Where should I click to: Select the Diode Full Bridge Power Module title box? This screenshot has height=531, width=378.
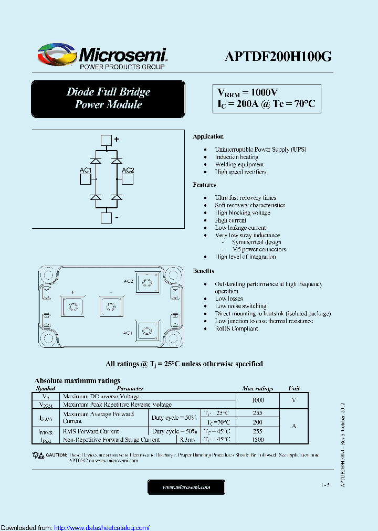coord(108,99)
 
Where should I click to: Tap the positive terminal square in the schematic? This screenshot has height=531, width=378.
coord(106,140)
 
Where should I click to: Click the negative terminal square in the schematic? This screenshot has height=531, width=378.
coord(106,218)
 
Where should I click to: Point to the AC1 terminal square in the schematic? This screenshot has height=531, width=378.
coord(86,179)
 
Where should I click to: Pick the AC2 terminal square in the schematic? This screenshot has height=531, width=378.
coord(127,179)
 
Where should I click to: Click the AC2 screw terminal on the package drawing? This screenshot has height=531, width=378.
coord(149,283)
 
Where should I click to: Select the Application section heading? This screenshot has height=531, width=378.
coord(208,136)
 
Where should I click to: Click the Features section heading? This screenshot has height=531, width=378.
coord(204,185)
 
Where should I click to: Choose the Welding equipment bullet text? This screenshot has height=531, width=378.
coord(239,164)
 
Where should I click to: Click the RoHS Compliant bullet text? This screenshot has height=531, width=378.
coord(236,328)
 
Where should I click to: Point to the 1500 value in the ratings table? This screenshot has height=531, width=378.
coord(257,439)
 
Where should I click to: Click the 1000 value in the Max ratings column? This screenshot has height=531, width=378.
coord(257,400)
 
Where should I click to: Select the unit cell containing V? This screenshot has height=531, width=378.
coord(293,400)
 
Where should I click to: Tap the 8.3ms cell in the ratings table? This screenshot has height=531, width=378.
coord(187,439)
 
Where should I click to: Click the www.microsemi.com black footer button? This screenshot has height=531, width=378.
coord(186,487)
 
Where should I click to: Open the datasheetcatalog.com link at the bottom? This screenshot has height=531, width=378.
coord(102,527)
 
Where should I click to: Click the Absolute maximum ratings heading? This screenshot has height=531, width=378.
coord(77,380)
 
